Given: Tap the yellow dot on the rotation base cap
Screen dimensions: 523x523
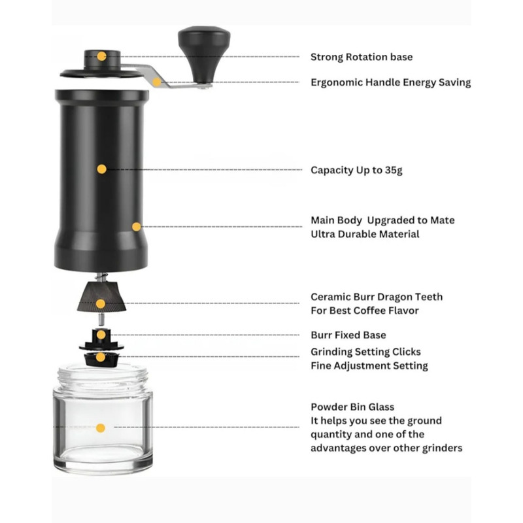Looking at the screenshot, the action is point(102,56).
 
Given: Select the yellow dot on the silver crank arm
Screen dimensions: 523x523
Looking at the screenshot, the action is point(156,82).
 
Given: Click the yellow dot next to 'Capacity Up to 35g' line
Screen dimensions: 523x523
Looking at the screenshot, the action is point(102,169).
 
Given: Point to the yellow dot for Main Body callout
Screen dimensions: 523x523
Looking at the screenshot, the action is point(137,227).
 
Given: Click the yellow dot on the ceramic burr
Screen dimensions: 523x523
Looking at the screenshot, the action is point(101,303).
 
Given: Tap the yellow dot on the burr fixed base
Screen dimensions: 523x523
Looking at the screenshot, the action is point(101,335).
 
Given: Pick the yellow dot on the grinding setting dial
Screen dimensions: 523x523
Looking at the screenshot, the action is point(101,358).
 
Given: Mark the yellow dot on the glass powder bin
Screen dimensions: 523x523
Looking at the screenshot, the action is point(101,428).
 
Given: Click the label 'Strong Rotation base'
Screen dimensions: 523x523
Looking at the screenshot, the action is point(362,57).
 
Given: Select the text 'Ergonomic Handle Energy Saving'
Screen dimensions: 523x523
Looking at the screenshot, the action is point(390,82).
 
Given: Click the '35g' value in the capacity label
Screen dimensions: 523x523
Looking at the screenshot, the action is point(394,170).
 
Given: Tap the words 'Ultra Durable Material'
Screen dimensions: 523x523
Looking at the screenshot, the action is point(365,234).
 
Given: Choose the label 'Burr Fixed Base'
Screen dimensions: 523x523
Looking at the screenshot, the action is point(348,335).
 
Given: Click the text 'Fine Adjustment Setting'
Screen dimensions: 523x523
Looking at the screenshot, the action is point(369,366).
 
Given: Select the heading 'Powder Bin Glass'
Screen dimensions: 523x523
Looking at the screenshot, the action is point(352,407).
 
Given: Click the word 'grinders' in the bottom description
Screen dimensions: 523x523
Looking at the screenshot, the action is point(443,448).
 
